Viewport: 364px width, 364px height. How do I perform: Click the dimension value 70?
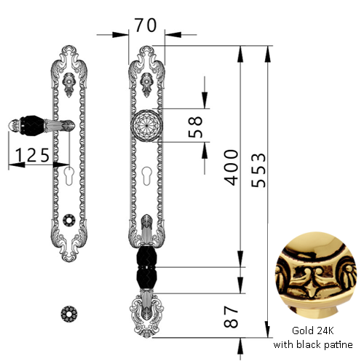click(146, 25)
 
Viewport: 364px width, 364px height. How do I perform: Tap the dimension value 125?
click(33, 155)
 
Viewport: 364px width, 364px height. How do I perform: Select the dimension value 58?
click(195, 127)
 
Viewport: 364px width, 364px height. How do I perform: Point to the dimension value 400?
click(232, 167)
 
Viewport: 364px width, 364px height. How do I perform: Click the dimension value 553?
click(258, 170)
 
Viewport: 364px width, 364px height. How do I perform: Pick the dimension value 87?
click(231, 317)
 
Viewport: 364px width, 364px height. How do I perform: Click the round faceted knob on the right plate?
click(146, 126)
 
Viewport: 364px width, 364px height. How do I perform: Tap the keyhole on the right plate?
click(146, 176)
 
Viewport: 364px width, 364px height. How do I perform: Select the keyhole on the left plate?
click(69, 176)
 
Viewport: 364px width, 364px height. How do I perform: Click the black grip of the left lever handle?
click(32, 125)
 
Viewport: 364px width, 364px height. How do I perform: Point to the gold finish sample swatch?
click(316, 275)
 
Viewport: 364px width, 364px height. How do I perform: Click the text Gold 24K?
click(313, 331)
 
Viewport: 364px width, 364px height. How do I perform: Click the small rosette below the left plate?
click(69, 314)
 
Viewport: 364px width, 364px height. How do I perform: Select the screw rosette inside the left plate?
click(69, 220)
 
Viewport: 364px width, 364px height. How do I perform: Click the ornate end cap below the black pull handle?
click(146, 314)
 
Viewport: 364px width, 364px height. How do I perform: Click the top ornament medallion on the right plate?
click(147, 84)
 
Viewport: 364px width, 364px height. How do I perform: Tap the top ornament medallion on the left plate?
click(69, 84)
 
